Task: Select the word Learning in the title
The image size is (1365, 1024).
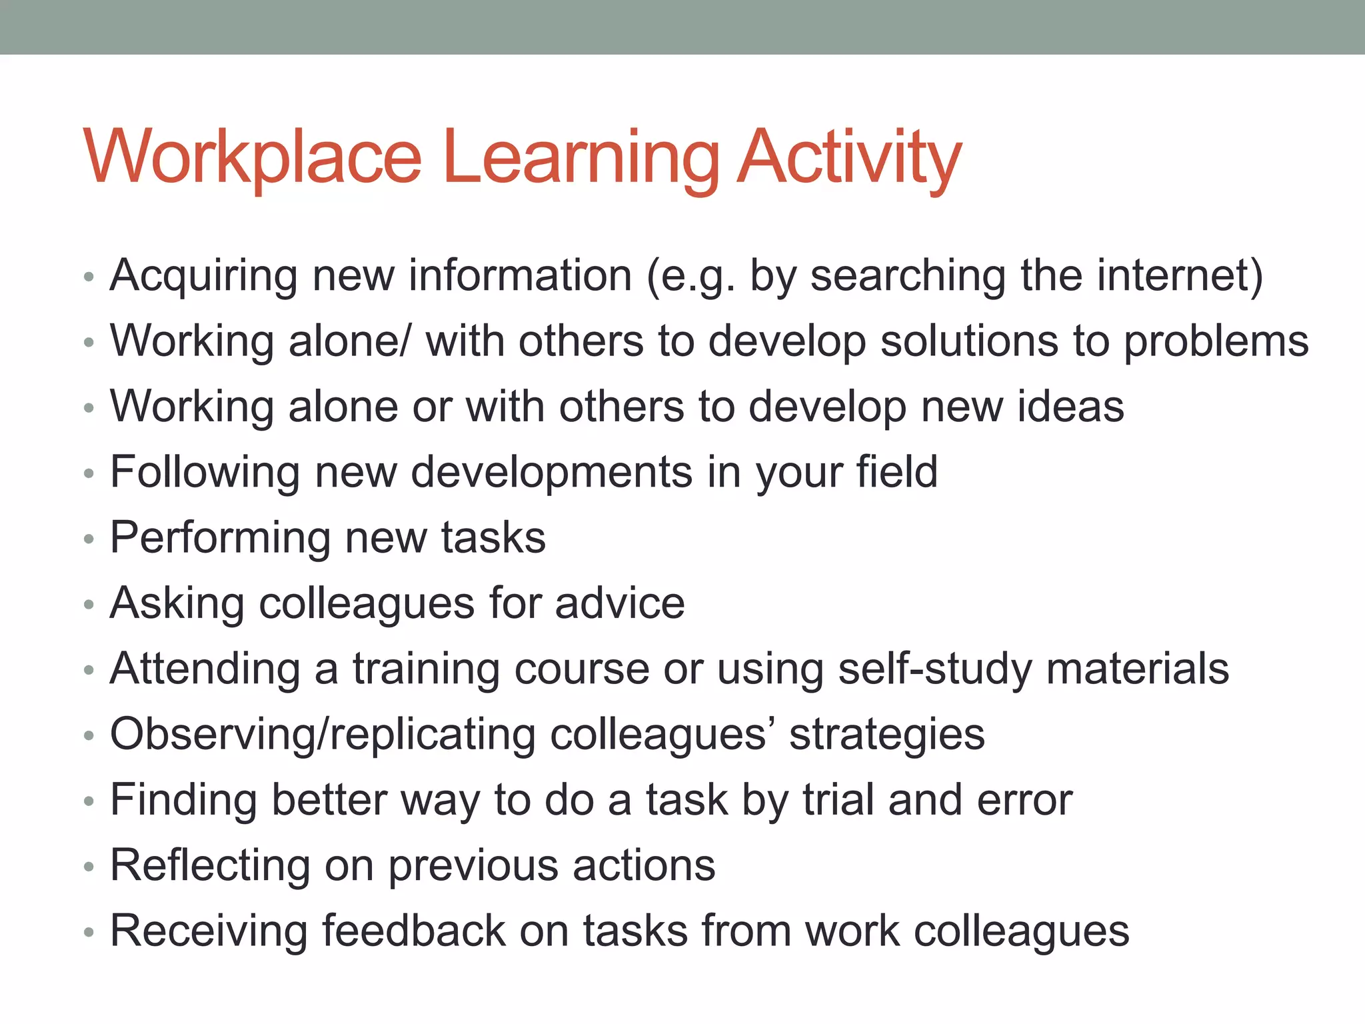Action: [x=581, y=159]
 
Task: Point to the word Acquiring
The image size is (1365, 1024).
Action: [x=204, y=277]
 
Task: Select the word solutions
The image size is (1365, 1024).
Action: [x=969, y=341]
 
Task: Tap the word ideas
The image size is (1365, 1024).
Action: [x=1070, y=406]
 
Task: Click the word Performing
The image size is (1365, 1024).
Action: [x=220, y=538]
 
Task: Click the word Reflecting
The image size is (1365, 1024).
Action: [x=210, y=865]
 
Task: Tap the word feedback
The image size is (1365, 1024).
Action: [x=414, y=930]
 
